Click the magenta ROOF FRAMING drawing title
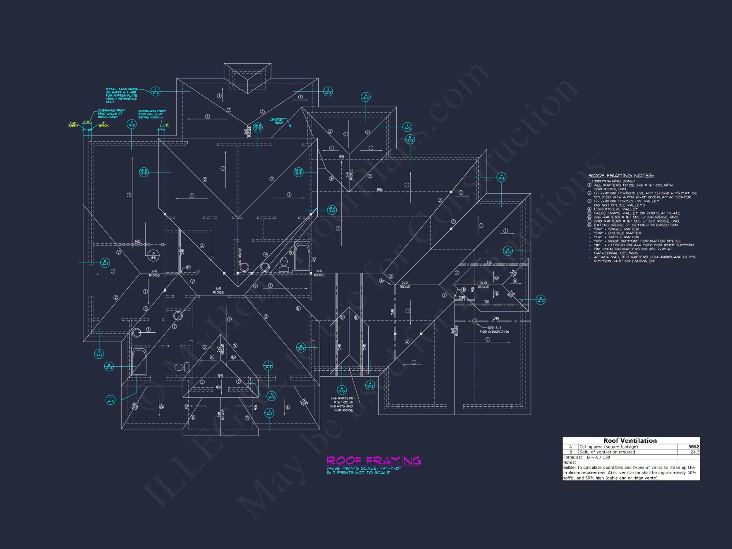pyautogui.click(x=373, y=460)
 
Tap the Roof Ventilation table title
pyautogui.click(x=630, y=441)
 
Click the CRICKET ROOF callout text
pyautogui.click(x=277, y=121)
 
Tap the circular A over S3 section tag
pyautogui.click(x=153, y=255)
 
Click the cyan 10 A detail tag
pyautogui.click(x=332, y=210)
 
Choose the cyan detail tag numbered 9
pyautogui.click(x=272, y=396)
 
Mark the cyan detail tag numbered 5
pyautogui.click(x=410, y=139)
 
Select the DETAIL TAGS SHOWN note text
pyautogui.click(x=122, y=96)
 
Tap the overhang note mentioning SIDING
pyautogui.click(x=152, y=114)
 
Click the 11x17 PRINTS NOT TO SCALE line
pyautogui.click(x=358, y=473)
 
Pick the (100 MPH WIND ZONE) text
pyautogui.click(x=613, y=181)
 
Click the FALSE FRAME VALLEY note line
pyautogui.click(x=636, y=213)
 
